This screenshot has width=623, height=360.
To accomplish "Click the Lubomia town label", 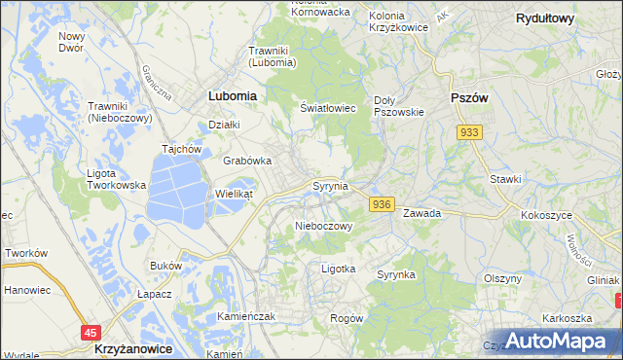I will (x=233, y=96).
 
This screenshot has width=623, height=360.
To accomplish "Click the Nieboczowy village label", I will (x=322, y=226).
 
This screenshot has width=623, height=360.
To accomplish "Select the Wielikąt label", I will (x=234, y=194).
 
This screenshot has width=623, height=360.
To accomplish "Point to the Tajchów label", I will (x=181, y=150).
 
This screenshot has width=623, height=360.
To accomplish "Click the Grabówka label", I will (x=247, y=161).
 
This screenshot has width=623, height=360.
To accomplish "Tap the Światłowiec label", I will (x=327, y=109).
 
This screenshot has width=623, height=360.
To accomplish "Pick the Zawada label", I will (x=422, y=212).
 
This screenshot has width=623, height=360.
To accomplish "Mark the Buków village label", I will (x=166, y=265).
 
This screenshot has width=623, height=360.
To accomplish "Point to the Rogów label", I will (x=347, y=318).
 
